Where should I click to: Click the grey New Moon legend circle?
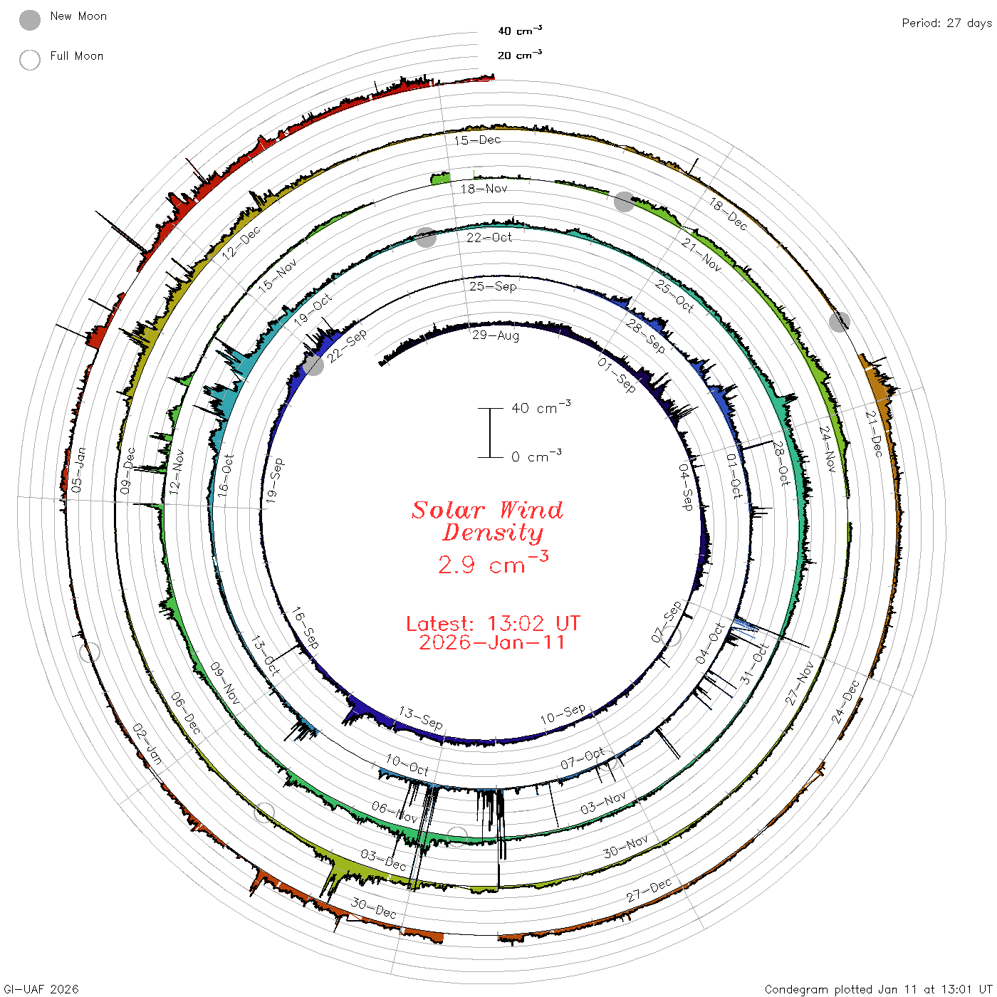(x=29, y=20)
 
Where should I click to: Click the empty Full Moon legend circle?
(x=29, y=60)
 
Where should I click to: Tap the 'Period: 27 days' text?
(x=947, y=24)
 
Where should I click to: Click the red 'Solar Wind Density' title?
(x=487, y=521)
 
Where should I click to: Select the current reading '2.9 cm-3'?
(x=493, y=563)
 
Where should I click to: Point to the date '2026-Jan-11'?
(x=491, y=642)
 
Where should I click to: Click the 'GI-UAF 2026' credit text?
(x=41, y=988)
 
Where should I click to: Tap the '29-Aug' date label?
(x=495, y=335)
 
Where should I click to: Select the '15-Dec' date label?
(x=477, y=140)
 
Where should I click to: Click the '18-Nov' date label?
(x=484, y=189)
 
